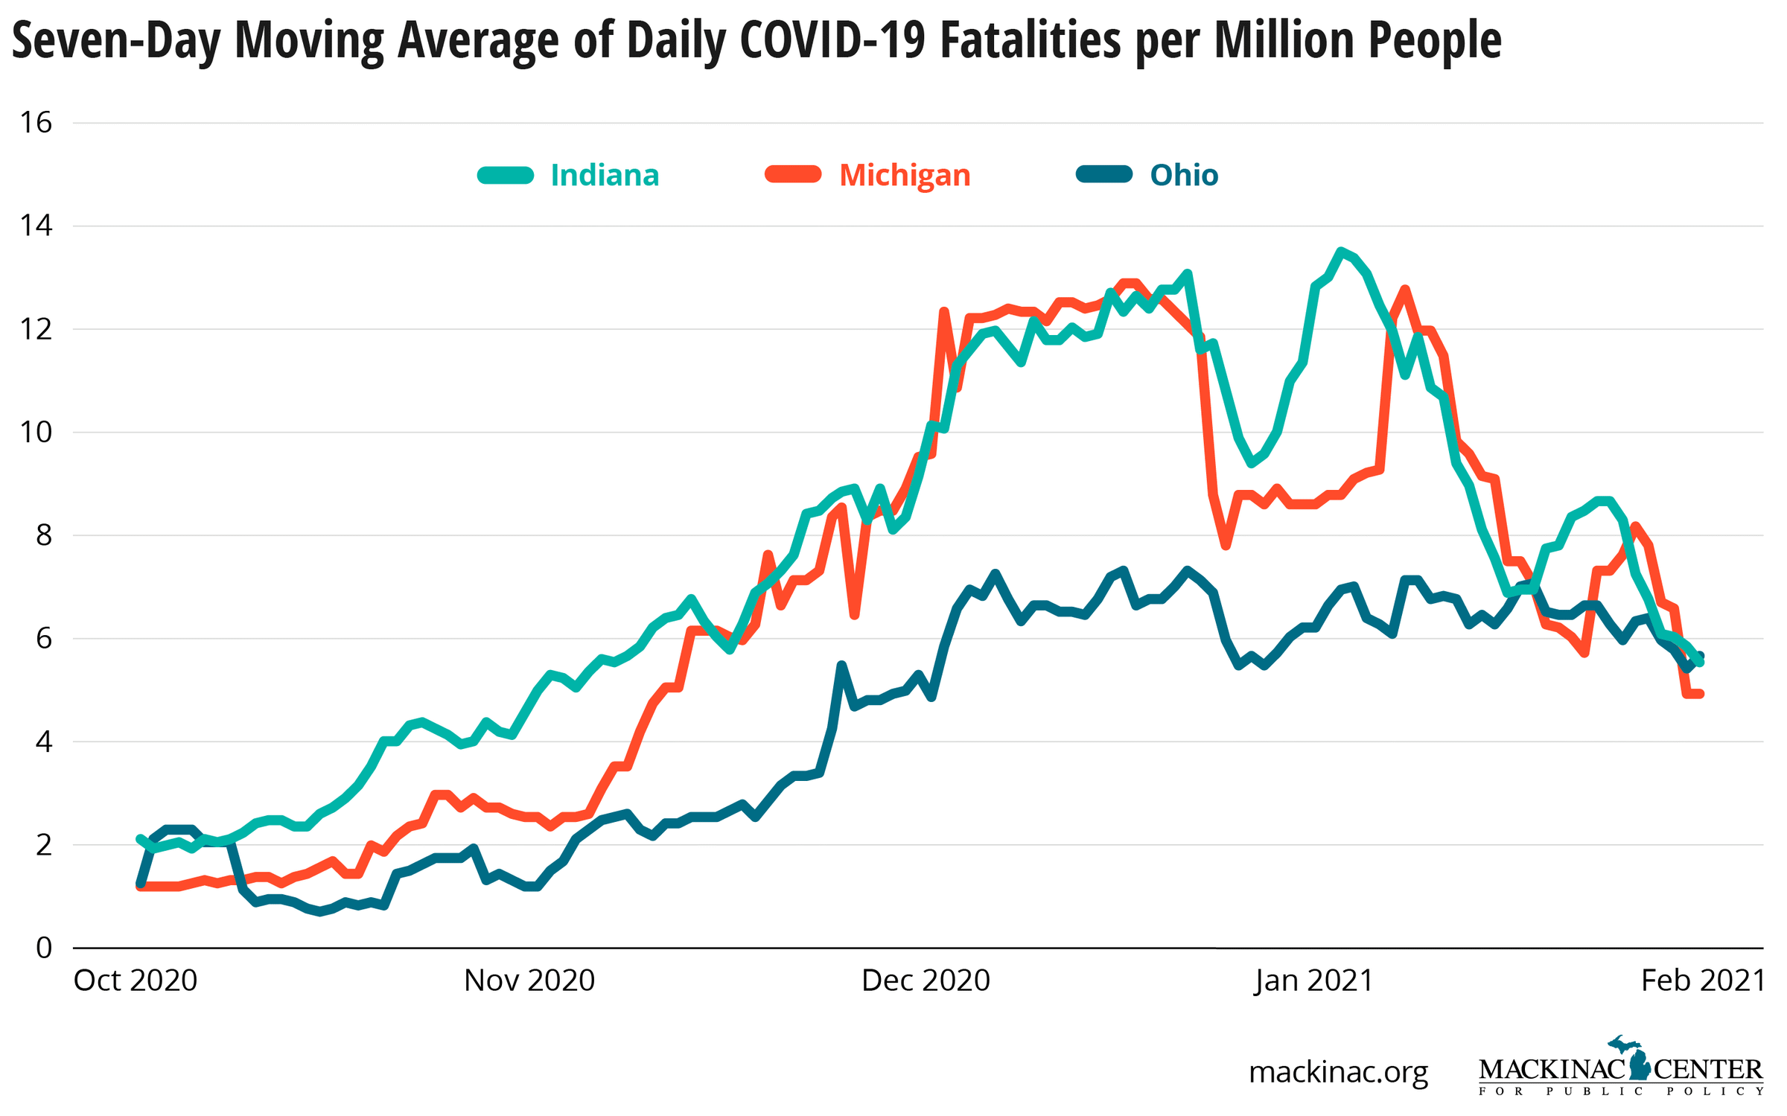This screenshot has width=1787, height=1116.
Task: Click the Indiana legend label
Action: coord(605,176)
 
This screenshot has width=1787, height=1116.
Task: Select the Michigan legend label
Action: coord(905,176)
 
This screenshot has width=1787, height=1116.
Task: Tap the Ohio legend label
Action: coord(1184,176)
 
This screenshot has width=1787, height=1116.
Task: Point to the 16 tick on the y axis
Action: coord(36,123)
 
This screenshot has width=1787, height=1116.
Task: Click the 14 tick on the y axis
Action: coord(36,226)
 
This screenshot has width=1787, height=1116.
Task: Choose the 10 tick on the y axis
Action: coord(36,432)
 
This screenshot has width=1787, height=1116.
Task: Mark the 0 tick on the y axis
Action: coord(44,948)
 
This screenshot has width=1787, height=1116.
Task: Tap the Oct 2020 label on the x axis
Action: coord(135,981)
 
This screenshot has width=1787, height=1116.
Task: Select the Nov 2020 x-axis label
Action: coord(529,981)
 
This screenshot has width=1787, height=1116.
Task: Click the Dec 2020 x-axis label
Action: coord(926,981)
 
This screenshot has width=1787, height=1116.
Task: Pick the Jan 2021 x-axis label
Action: coord(1313,981)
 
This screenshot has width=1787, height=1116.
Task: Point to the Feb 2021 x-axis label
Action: coord(1703,981)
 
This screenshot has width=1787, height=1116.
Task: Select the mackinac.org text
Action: coord(1338,1072)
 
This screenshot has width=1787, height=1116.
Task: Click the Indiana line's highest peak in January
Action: coord(1340,252)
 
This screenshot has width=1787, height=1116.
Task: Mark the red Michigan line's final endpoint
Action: coord(1701,694)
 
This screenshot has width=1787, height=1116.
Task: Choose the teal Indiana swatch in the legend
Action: coord(506,176)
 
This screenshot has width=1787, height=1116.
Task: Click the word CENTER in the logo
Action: coord(1708,1070)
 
